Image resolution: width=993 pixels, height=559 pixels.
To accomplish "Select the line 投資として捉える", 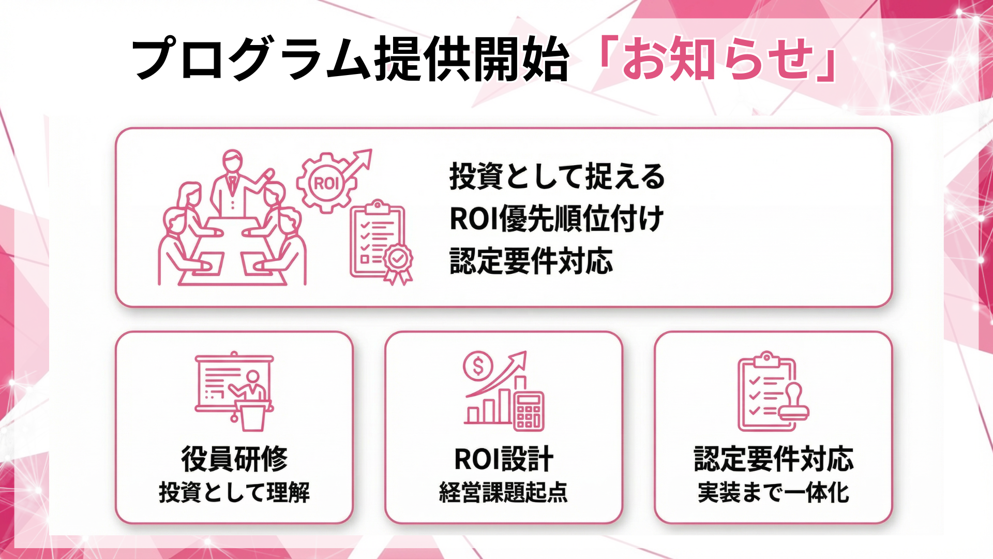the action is click(557, 176).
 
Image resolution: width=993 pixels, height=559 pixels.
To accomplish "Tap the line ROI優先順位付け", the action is click(556, 218).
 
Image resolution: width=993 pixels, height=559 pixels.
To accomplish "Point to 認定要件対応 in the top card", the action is click(531, 260).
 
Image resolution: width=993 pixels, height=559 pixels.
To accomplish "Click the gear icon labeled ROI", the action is click(326, 183).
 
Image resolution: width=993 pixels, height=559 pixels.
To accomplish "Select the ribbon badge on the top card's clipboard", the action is click(398, 261).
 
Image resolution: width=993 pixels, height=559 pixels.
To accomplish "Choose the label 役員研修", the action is click(234, 459).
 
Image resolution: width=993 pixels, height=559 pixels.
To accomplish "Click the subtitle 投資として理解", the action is click(234, 492).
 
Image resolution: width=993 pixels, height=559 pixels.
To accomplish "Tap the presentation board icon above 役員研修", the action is click(234, 386).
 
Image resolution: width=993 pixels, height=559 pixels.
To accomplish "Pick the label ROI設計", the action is click(504, 459).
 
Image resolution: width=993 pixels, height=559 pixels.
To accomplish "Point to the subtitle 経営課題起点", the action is click(504, 492).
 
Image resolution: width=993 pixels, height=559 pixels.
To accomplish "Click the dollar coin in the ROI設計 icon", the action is click(478, 366).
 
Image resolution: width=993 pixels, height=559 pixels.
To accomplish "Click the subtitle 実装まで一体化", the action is click(773, 492).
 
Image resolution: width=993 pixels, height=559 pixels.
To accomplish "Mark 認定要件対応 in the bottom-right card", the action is click(773, 459).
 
